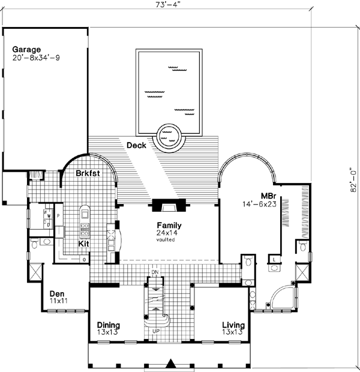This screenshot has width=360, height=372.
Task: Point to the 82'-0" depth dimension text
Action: (x=355, y=179)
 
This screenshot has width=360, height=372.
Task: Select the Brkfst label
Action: (x=87, y=173)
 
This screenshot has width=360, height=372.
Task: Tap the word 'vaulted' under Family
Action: (x=167, y=239)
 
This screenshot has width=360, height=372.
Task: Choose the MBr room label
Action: (x=268, y=196)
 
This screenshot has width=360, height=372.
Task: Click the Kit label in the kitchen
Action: (x=84, y=244)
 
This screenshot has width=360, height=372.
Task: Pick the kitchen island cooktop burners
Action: (x=85, y=229)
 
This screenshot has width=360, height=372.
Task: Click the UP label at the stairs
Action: (x=155, y=331)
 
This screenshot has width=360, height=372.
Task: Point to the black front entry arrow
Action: (x=172, y=363)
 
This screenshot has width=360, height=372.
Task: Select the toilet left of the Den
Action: (x=35, y=244)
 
